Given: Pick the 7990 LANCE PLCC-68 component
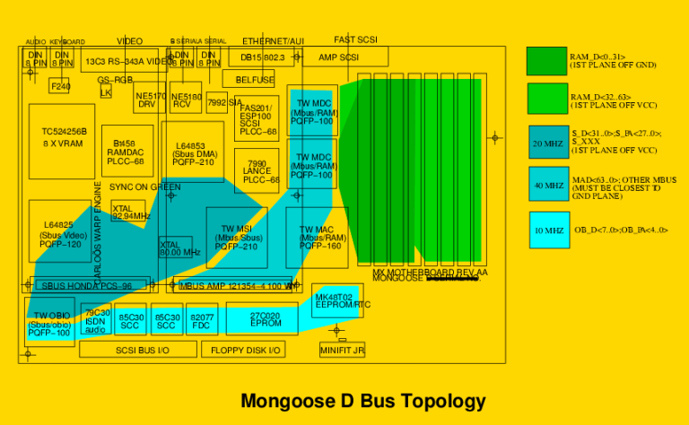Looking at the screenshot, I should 257,170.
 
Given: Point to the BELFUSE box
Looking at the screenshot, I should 255,80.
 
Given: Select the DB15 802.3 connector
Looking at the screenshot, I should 262,57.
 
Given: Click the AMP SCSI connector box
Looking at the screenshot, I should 339,57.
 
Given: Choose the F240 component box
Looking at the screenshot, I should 60,86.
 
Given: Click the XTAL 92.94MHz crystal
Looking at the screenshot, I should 127,212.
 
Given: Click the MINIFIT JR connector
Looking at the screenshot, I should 342,351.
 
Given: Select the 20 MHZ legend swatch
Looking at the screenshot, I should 547,143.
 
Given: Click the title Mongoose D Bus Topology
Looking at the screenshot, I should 362,401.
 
